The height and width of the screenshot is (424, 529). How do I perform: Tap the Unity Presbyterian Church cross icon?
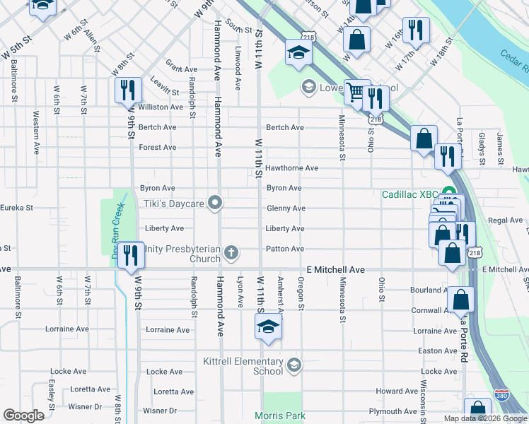pos(231,252)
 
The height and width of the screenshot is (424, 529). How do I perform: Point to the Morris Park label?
pos(281,416)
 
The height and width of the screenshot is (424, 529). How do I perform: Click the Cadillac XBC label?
pos(409,194)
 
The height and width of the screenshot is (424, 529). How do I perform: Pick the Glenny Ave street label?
pos(286,208)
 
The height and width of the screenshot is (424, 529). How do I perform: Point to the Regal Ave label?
pos(506,220)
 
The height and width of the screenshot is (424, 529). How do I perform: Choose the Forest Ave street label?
pos(158,148)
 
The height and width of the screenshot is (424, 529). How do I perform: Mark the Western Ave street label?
pos(35,132)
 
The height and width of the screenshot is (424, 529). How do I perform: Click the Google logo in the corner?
pos(23,415)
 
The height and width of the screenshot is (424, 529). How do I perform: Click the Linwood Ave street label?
pos(238,69)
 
